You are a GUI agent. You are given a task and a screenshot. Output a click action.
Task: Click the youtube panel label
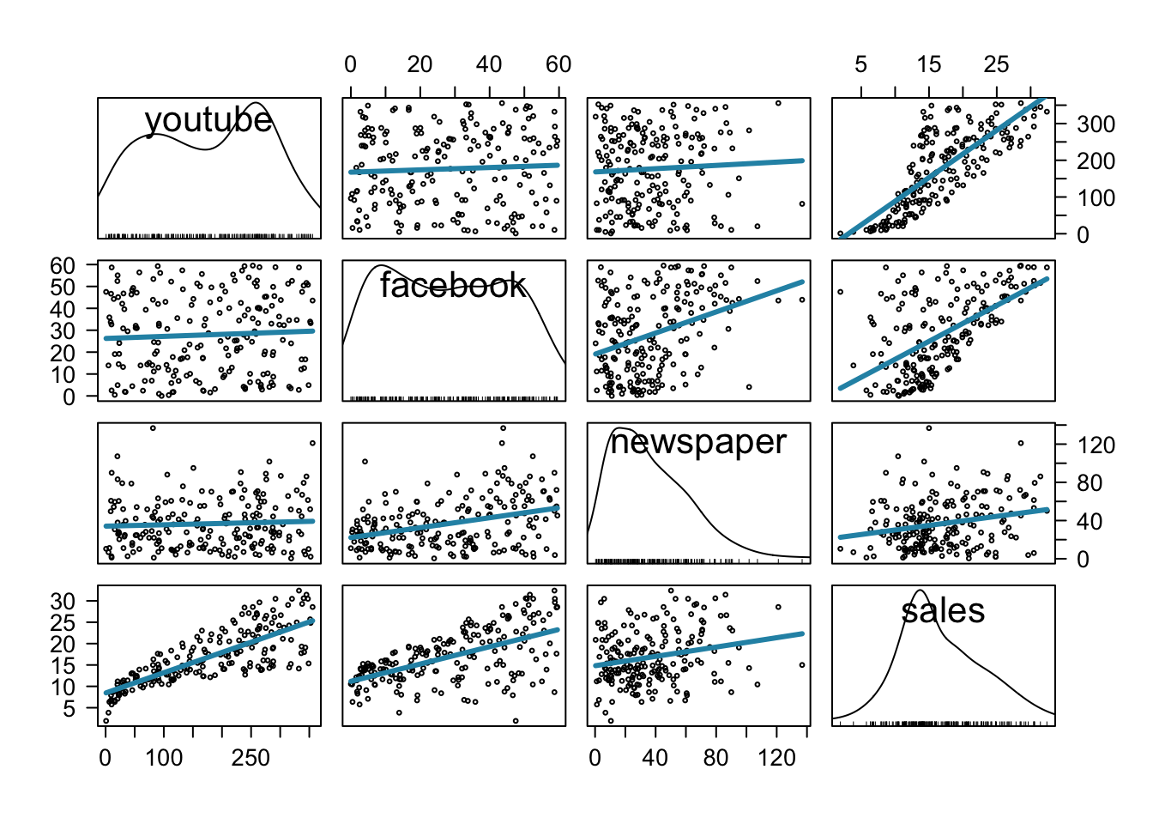208,120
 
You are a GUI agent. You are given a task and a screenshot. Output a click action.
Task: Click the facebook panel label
453,285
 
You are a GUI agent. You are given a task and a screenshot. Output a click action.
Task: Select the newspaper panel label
698,442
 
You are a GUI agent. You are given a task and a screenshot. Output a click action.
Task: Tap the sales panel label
943,610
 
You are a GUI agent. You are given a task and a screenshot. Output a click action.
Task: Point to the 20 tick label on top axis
420,64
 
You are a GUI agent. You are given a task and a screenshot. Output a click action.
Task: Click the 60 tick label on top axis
558,64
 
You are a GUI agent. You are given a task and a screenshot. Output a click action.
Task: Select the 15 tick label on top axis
928,64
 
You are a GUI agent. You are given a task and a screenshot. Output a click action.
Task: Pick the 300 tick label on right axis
1096,124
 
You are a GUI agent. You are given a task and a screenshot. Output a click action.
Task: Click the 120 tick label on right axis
1096,445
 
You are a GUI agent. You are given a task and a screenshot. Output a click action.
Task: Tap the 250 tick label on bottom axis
251,758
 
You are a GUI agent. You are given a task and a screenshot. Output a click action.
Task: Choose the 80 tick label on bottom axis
715,758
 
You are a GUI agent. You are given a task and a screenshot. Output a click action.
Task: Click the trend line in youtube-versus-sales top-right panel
944,167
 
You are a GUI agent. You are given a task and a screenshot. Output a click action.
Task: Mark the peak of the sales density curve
920,591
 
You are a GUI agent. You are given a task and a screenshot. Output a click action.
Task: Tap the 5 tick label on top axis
860,64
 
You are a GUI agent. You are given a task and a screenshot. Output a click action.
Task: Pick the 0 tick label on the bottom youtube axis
106,758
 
